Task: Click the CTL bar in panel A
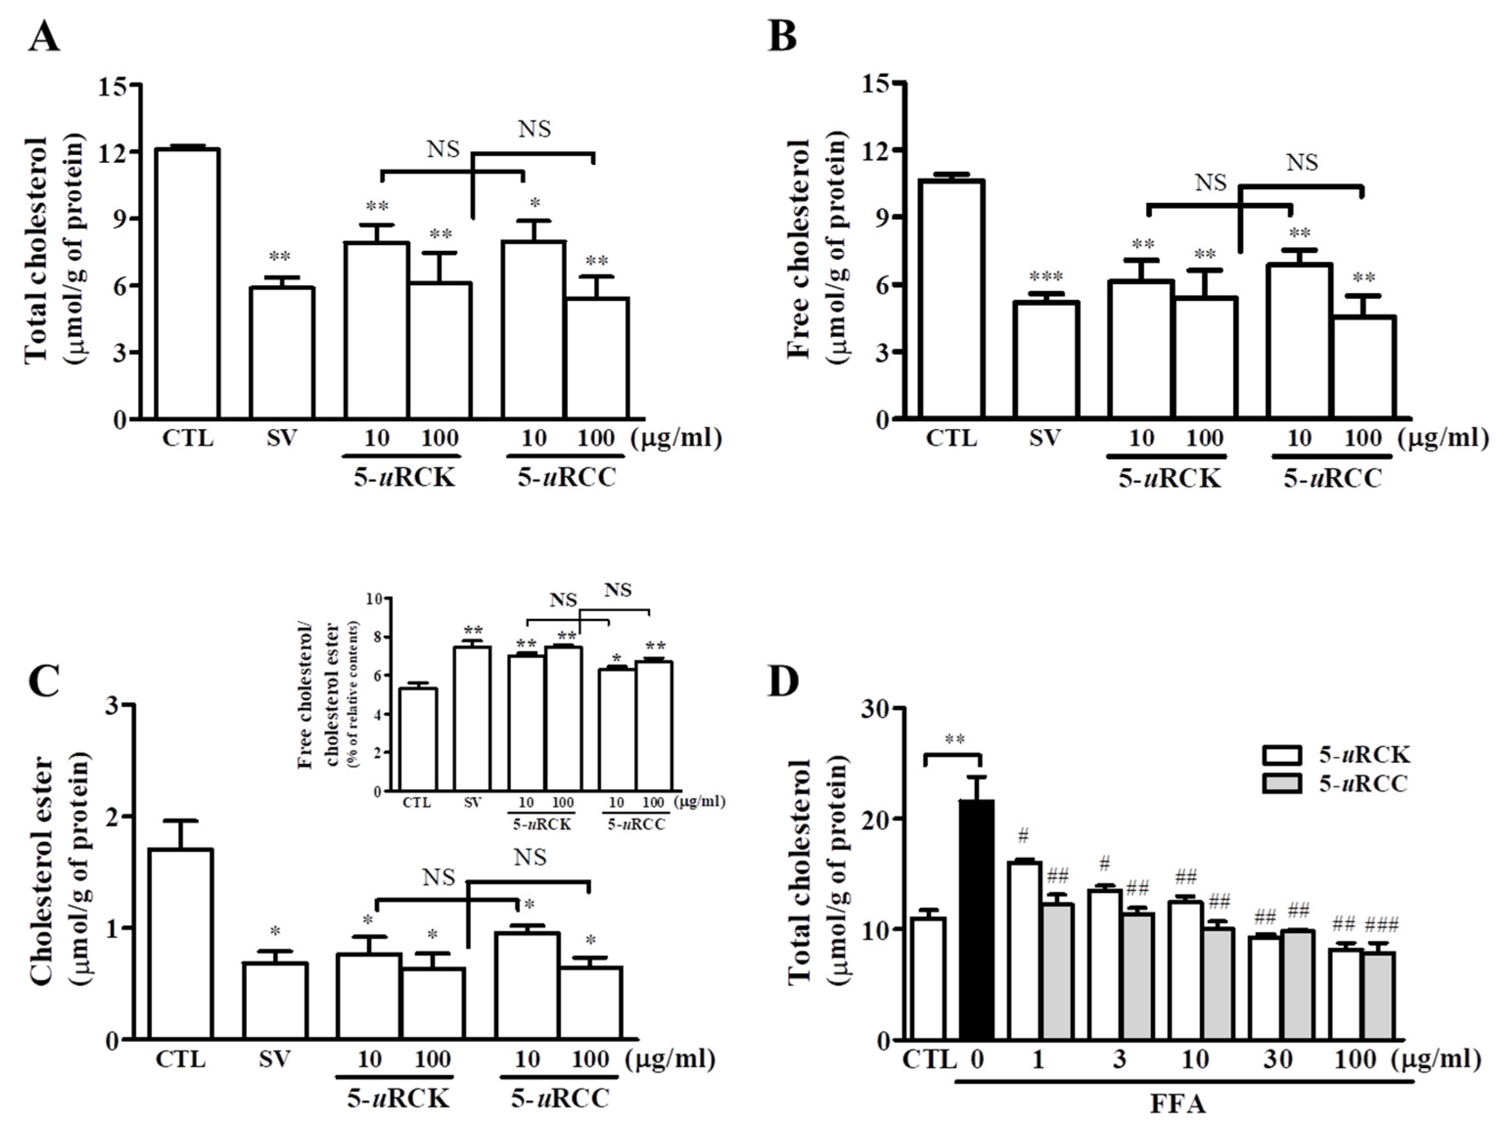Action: click(186, 283)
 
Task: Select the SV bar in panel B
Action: click(1046, 359)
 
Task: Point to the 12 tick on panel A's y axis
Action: click(113, 152)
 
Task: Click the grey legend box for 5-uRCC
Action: click(1283, 783)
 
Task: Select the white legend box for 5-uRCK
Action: click(1283, 755)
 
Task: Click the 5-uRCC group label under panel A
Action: click(566, 477)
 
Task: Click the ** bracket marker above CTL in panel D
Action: click(955, 739)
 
